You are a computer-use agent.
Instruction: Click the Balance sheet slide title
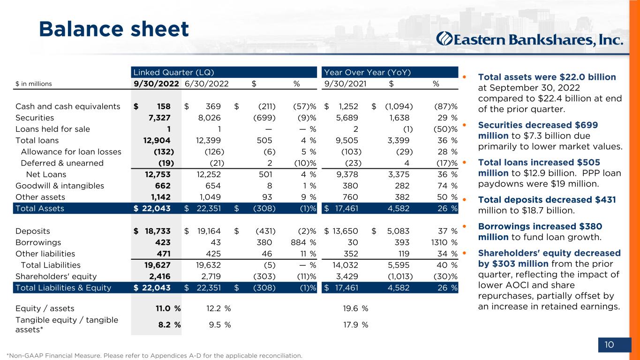pos(114,29)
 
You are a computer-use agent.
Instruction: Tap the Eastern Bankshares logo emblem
pos(444,39)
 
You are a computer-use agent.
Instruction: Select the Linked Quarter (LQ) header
pos(173,72)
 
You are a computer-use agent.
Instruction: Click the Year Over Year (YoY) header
pos(368,72)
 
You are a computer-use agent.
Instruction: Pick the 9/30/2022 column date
pos(156,84)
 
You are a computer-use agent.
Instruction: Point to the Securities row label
pos(35,118)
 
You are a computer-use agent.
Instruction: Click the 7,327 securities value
pos(159,118)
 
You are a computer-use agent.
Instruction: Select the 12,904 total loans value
pos(157,140)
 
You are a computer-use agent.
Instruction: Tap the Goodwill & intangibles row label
pos(60,186)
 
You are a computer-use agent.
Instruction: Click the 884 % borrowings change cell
pos(303,242)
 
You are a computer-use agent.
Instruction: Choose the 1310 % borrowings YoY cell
pos(444,242)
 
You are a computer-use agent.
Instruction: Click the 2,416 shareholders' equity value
pos(160,276)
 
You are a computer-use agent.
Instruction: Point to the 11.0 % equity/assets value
pos(168,308)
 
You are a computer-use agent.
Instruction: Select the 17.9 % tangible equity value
pos(356,324)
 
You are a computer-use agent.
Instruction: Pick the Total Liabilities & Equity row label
pos(63,288)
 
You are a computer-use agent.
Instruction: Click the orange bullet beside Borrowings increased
pos(464,226)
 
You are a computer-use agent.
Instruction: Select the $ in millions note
pos(34,84)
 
